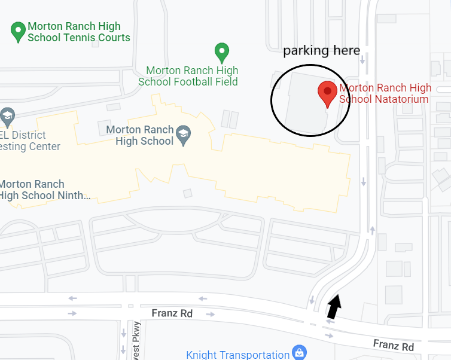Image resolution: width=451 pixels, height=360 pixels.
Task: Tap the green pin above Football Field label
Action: (222, 52)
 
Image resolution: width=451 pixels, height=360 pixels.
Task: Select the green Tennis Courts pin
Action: (18, 31)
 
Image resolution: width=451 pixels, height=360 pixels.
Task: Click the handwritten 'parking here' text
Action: (321, 51)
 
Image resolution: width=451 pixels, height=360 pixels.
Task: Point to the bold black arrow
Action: (334, 306)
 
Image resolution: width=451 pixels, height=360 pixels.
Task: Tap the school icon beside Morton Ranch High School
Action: (184, 133)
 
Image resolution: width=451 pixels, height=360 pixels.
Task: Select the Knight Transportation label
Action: (237, 355)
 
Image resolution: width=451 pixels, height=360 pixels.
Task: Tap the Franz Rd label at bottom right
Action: (393, 345)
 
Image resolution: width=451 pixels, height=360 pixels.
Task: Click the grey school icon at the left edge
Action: (7, 117)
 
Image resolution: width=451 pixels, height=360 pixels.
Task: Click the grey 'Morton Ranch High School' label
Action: (140, 135)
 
